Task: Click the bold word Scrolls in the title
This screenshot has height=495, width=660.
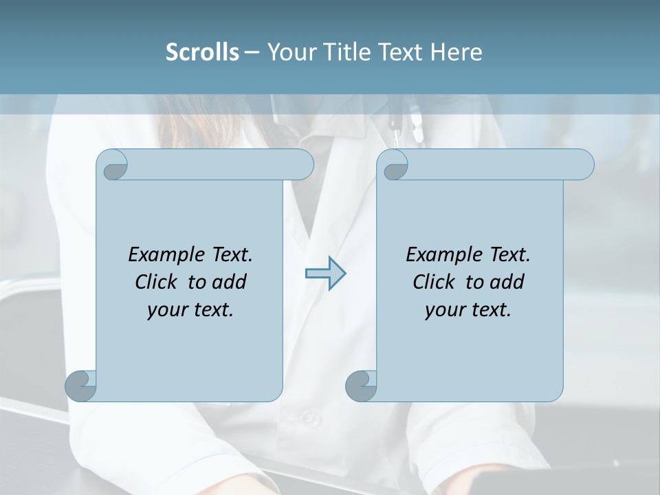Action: point(202,52)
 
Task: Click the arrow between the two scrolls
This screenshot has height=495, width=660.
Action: point(325,274)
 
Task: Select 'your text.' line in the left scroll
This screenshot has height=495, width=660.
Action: point(190,310)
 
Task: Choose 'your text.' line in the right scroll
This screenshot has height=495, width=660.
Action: point(468,310)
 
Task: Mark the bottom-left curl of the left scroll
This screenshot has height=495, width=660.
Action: point(80,386)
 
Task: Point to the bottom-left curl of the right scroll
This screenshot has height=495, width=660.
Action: point(361,386)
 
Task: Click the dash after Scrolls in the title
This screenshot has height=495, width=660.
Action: point(252,52)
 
